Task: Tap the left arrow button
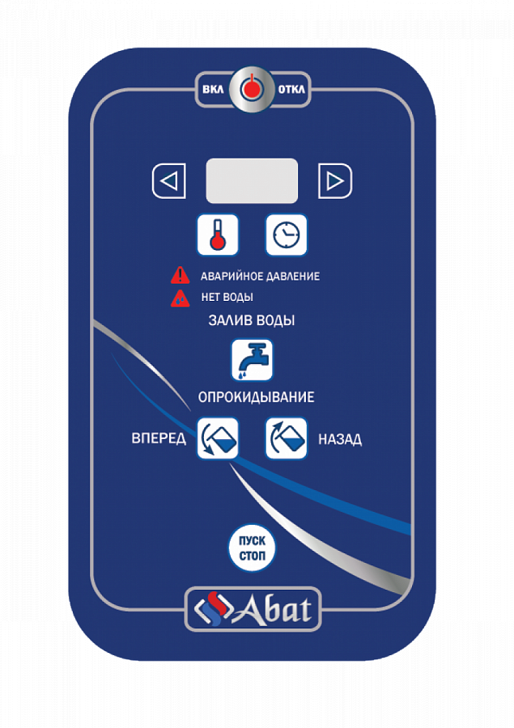pos(169,181)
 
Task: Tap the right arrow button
pos(334,181)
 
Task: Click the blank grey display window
pos(252,180)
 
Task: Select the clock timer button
pos(287,235)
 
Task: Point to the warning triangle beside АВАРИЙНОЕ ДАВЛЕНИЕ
pos(180,276)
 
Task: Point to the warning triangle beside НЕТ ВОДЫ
pos(180,298)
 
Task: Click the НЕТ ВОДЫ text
pos(227,298)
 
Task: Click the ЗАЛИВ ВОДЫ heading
pos(252,320)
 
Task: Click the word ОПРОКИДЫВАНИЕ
pos(256,398)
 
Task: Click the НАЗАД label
pos(340,440)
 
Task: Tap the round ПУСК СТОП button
pos(252,549)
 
